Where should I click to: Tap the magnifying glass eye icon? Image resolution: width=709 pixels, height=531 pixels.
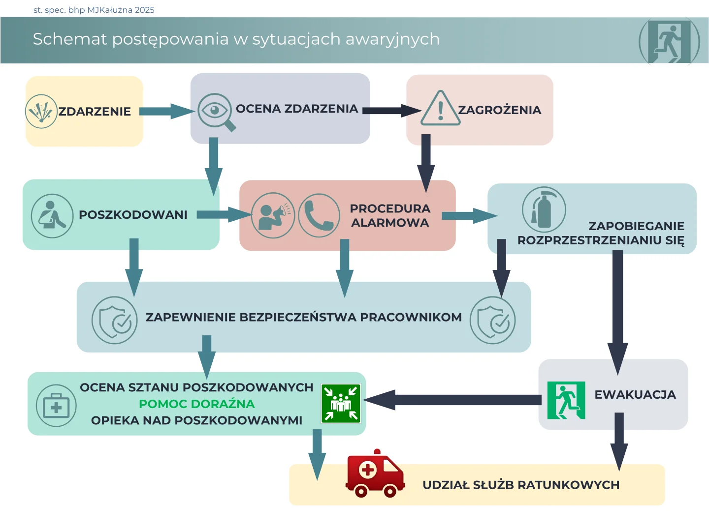pos(215,111)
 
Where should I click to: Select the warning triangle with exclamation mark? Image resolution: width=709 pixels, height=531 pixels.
pos(440,109)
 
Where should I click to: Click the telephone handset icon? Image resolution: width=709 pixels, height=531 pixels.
pos(319,215)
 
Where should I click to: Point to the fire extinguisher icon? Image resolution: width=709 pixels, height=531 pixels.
pos(544,210)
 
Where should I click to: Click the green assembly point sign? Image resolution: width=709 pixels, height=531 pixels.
pos(341,403)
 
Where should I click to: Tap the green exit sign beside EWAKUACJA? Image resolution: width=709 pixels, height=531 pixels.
pos(566,400)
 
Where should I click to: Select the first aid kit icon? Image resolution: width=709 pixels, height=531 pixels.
pos(56,406)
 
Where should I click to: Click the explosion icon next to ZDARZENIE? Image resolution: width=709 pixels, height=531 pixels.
pos(41,112)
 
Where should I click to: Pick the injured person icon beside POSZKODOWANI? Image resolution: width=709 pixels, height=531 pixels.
pos(52,216)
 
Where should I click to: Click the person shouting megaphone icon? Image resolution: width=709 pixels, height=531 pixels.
pos(273,215)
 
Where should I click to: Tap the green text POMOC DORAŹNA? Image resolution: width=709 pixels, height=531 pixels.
pos(196,404)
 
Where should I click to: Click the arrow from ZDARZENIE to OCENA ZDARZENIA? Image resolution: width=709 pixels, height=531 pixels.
pos(165,111)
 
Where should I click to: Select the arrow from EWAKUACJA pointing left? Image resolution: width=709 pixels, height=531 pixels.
pos(453,400)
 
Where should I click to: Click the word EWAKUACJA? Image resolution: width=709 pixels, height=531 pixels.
pos(635,395)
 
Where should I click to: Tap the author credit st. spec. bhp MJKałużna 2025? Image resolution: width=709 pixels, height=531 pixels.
pos(94,10)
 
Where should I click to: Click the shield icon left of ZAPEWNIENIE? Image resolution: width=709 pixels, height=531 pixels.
pos(114,320)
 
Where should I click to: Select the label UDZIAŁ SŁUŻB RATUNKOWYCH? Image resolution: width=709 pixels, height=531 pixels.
pos(521,485)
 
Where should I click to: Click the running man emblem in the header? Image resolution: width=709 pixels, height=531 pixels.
pos(669,41)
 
